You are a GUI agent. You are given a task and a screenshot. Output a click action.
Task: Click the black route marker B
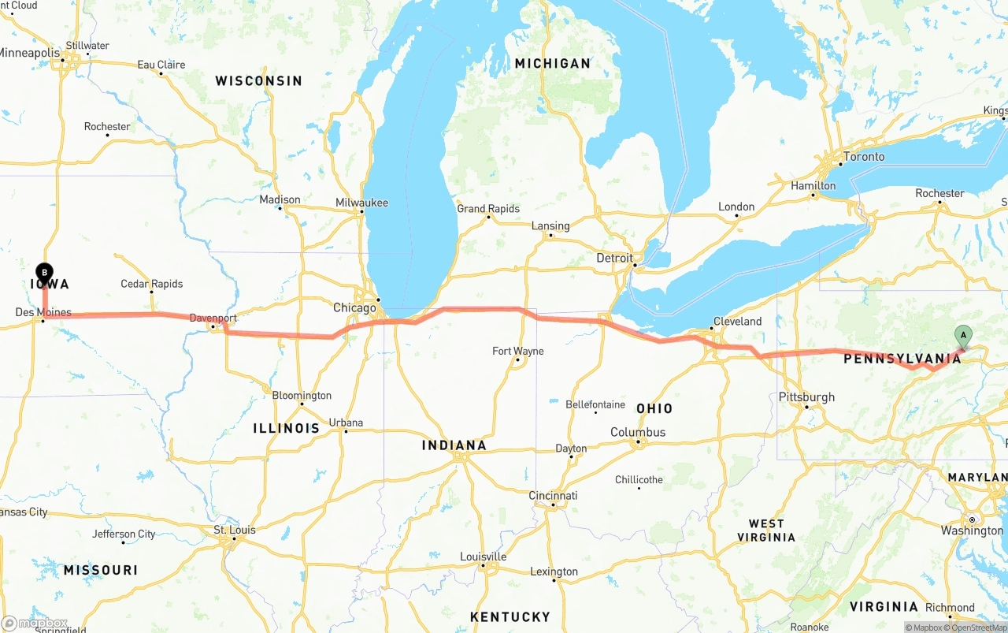[x=44, y=273]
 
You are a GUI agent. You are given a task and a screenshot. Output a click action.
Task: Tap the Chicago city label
[x=354, y=307]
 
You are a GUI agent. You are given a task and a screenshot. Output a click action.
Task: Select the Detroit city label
[x=614, y=258]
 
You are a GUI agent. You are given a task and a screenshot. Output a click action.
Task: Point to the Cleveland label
[x=737, y=322]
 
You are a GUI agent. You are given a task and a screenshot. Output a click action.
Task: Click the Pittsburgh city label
[x=806, y=397]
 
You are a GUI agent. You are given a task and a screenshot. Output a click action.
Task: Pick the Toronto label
[x=863, y=157]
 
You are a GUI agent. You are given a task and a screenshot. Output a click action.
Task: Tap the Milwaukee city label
[x=361, y=203]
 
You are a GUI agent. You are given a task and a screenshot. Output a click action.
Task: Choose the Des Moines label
[x=43, y=312]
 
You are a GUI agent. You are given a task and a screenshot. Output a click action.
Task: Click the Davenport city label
[x=213, y=318]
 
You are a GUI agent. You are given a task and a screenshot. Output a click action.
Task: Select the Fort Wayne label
[x=517, y=351]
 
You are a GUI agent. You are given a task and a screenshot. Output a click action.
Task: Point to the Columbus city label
[x=638, y=432]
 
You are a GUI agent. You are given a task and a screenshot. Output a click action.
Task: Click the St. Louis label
[x=235, y=530]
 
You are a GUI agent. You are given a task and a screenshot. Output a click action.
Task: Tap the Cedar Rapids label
[x=151, y=284]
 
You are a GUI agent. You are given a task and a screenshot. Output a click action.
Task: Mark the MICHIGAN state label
[x=552, y=63]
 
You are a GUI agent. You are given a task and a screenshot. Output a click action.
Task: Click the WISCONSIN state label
[x=258, y=80]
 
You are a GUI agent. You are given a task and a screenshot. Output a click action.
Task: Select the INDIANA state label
[x=454, y=445]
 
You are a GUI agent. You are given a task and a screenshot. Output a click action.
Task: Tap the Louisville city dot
[x=483, y=565]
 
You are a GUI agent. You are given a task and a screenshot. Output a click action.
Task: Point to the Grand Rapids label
[x=488, y=209]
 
